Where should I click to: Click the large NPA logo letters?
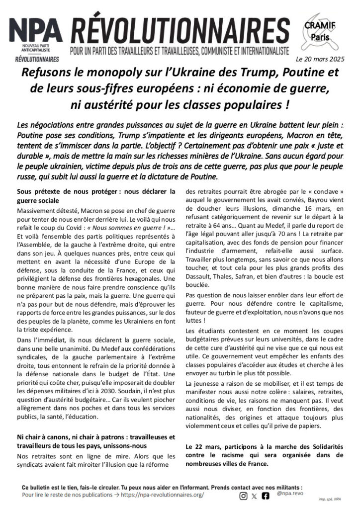35,32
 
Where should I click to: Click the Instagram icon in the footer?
243,495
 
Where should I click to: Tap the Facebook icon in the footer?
266,495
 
